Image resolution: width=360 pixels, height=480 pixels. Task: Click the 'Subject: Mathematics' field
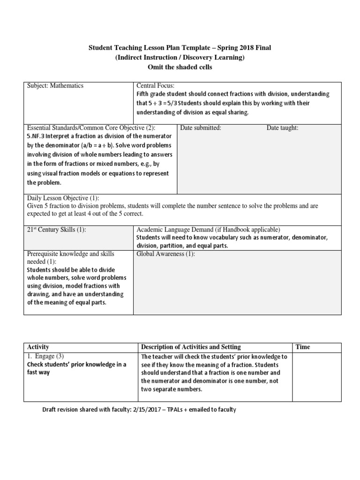coord(55,86)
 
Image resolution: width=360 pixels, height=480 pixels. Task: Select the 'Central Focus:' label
coord(155,86)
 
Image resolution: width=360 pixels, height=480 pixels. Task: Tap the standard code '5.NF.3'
coord(36,136)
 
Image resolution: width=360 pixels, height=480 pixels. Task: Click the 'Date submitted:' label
coord(201,127)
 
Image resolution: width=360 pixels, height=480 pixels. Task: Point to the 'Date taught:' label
coord(282,127)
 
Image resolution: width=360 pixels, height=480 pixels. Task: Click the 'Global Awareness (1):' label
coord(165,254)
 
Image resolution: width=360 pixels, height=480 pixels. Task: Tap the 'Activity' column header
coord(38,347)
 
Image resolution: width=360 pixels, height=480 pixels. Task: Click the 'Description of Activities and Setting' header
coord(191,347)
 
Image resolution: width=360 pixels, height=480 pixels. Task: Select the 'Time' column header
coord(302,347)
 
